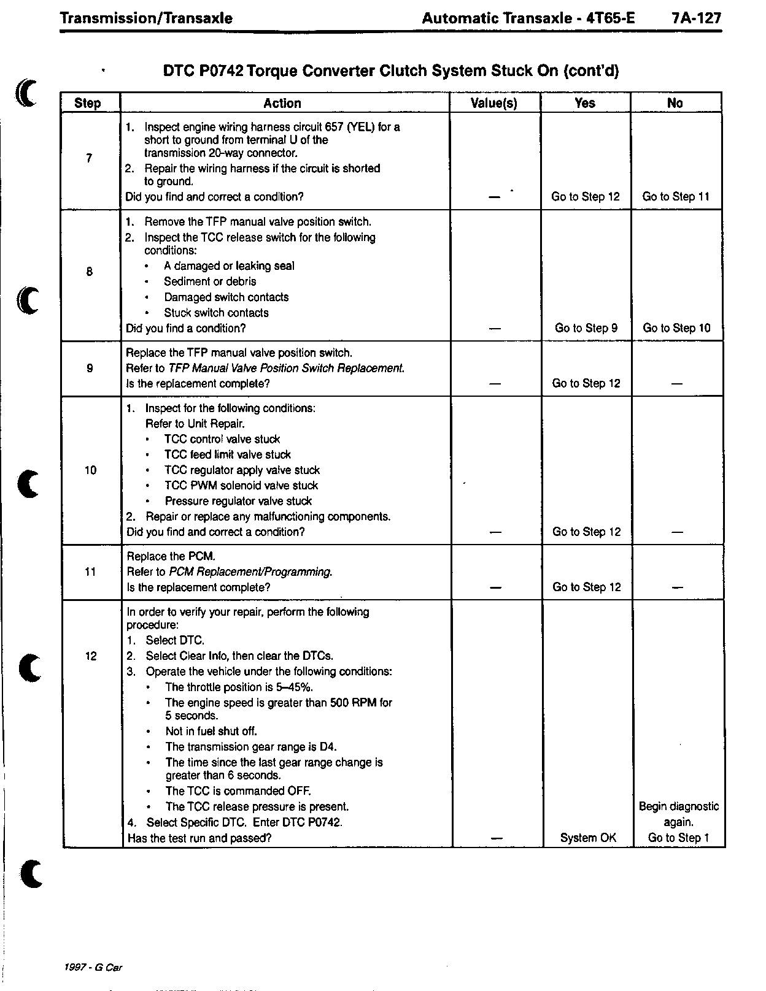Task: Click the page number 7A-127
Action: (696, 18)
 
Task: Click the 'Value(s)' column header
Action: (494, 103)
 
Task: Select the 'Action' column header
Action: (282, 103)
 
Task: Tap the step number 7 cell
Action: (90, 158)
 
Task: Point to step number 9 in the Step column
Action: (90, 369)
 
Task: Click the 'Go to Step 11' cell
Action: (676, 197)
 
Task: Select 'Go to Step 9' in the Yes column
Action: (586, 328)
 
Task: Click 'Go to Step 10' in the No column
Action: (676, 328)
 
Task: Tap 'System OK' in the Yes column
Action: (588, 838)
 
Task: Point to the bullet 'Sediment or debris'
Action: (210, 281)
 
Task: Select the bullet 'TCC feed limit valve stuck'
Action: (228, 454)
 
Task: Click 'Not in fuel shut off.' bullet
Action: (211, 731)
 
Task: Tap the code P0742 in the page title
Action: (221, 71)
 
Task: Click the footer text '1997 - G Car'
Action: (93, 967)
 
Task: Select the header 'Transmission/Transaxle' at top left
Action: (146, 18)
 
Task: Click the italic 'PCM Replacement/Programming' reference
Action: (250, 572)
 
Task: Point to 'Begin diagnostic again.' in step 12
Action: (679, 814)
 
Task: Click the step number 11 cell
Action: (90, 572)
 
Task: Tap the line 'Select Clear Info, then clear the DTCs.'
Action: (239, 656)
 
